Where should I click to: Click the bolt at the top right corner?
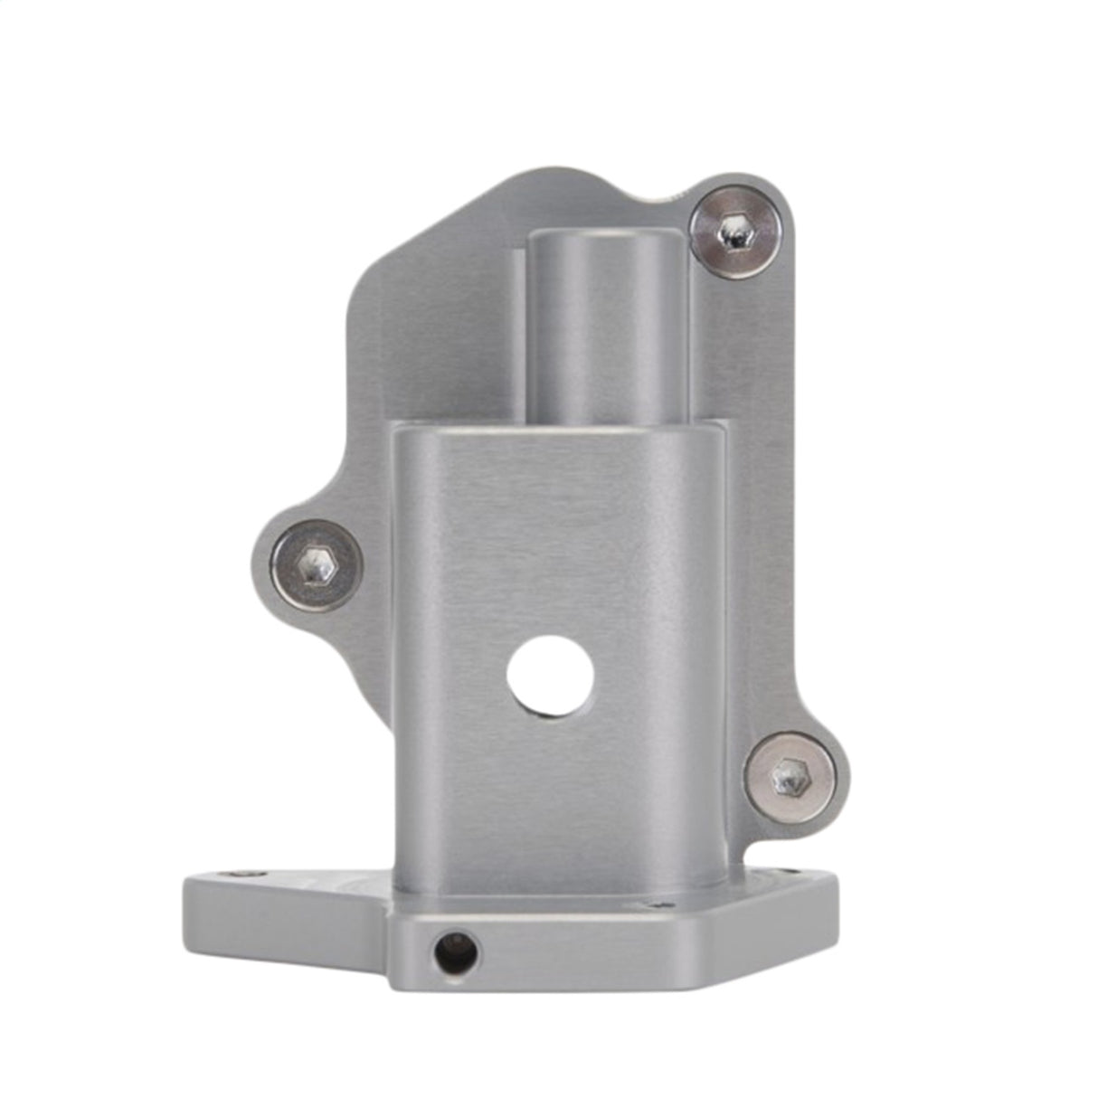[x=735, y=232]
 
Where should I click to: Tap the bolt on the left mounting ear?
[x=317, y=567]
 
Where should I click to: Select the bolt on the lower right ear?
[x=790, y=777]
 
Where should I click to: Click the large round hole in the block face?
[x=550, y=677]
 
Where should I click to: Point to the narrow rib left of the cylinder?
[x=519, y=335]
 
